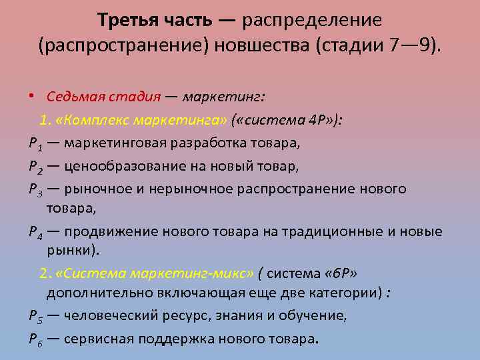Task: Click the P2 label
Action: click(x=34, y=166)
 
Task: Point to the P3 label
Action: click(x=34, y=189)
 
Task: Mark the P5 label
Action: click(x=34, y=316)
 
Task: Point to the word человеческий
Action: click(x=108, y=316)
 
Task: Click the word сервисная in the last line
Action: click(x=97, y=338)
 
